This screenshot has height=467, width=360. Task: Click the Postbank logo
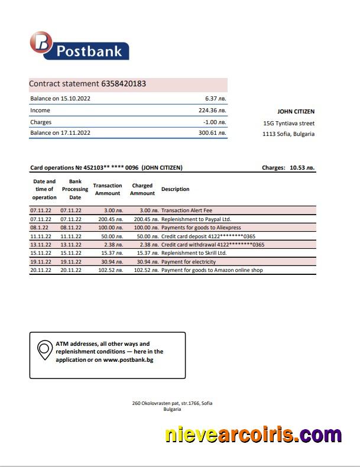[x=79, y=47]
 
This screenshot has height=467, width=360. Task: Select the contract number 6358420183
[x=124, y=84]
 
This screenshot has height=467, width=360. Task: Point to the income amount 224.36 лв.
[x=212, y=111]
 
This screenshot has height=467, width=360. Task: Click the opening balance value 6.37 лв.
[x=215, y=99]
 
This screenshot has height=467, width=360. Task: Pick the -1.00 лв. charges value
[x=215, y=122]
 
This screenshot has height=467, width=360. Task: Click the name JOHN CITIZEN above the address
[x=296, y=111]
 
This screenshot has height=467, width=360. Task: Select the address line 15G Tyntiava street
[x=288, y=123]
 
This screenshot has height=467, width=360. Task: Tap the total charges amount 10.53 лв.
[x=302, y=168]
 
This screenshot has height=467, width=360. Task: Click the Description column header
[x=176, y=189]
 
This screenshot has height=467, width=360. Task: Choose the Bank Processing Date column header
[x=75, y=189]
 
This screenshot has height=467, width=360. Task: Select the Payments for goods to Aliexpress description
[x=201, y=228]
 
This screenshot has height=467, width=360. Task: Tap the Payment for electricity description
[x=189, y=262]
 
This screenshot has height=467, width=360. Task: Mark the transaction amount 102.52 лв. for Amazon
[x=111, y=270]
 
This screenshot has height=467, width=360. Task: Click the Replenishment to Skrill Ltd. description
[x=194, y=253]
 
